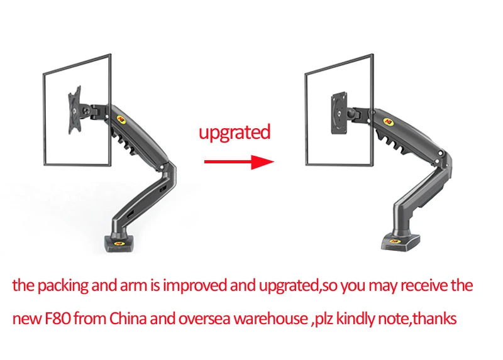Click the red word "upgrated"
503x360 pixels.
235,133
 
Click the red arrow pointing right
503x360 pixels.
240,162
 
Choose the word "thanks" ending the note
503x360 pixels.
434,318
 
